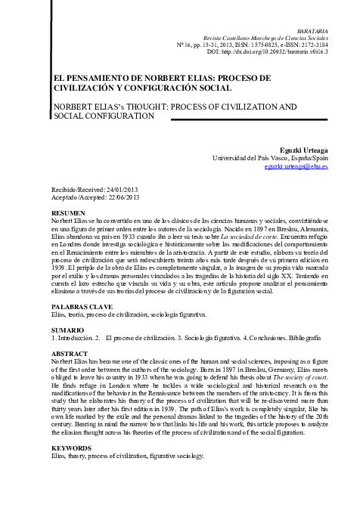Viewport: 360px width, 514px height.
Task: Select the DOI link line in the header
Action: (284, 51)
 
